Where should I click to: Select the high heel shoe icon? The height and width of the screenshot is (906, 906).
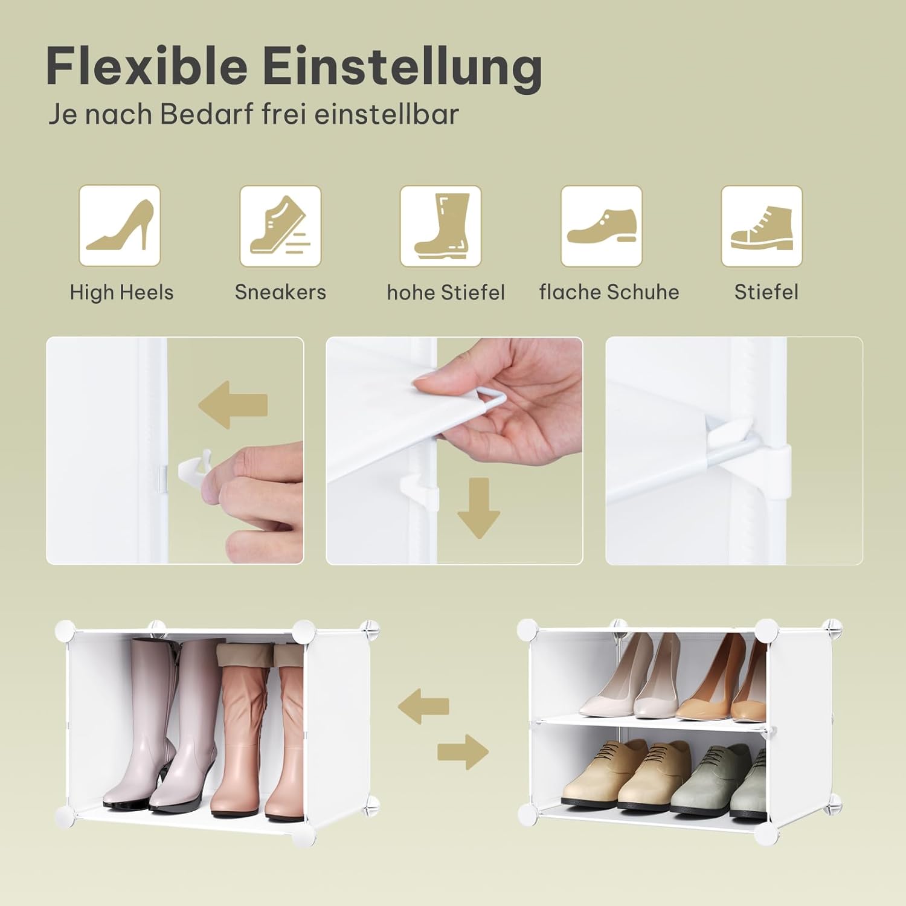[x=120, y=226]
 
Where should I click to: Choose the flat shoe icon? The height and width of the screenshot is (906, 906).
[x=602, y=226]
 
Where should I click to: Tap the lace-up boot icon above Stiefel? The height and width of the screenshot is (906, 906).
[x=762, y=226]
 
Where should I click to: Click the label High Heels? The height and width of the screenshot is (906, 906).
[x=121, y=292]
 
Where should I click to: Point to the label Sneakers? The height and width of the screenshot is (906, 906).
[x=280, y=292]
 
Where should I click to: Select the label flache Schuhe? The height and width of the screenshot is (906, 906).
[x=609, y=292]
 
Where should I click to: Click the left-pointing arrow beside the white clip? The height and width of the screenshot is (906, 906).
[x=233, y=404]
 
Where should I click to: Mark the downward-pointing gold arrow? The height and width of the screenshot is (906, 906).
[x=478, y=508]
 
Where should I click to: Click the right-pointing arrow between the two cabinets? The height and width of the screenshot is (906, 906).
[x=463, y=753]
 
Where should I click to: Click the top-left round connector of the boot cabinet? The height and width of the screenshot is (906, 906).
[x=64, y=631]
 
